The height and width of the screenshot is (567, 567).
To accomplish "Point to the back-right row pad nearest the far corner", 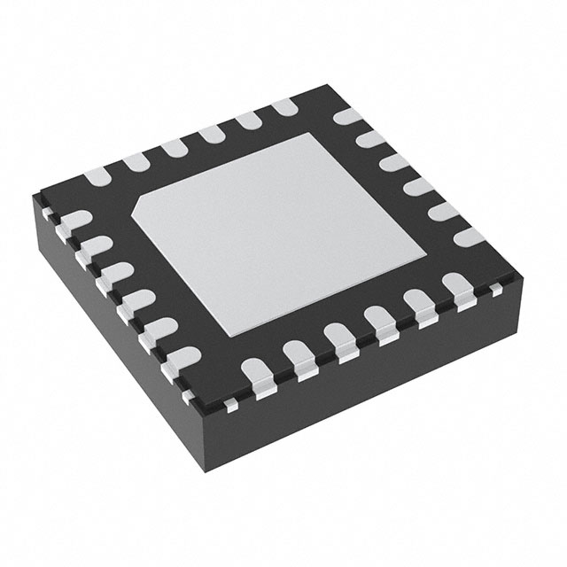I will pos(346,119).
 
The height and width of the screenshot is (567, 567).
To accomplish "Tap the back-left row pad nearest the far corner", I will pos(285,107).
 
